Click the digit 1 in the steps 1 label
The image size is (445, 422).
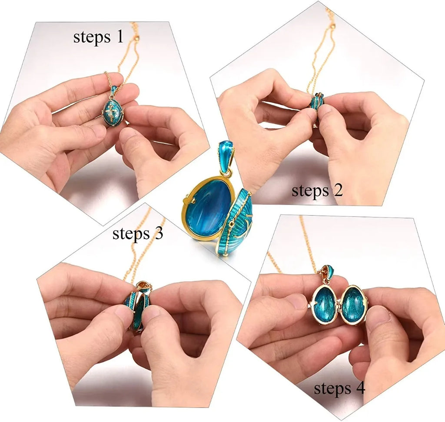pos(120,37)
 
